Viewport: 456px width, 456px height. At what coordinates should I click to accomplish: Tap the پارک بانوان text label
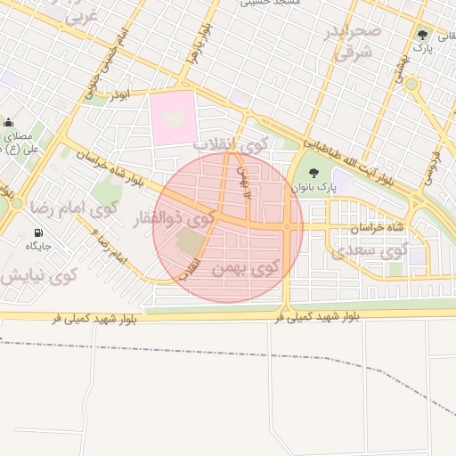pos(313,189)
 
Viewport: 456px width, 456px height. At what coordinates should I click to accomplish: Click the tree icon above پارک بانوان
pos(313,172)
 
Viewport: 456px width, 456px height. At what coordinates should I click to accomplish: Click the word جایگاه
pos(38,246)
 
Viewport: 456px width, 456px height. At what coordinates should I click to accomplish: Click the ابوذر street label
pos(118,94)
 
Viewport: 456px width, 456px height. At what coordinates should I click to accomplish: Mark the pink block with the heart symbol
pos(173,118)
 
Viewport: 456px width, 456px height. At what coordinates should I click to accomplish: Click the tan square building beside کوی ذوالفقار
pos(190,240)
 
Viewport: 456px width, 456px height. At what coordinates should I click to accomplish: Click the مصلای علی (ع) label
pos(20,142)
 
